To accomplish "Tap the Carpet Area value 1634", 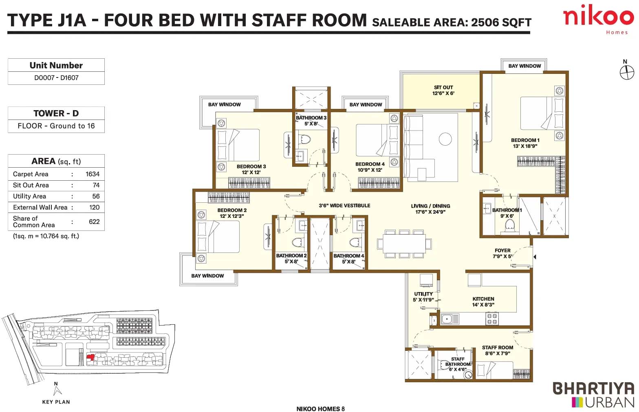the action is pyautogui.click(x=93, y=174).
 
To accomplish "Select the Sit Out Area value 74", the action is pyautogui.click(x=96, y=185).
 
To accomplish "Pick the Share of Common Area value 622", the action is pyautogui.click(x=94, y=222).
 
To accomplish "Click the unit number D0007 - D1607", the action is pyautogui.click(x=56, y=78).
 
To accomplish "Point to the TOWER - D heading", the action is pyautogui.click(x=56, y=113).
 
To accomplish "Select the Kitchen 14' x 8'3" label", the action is pyautogui.click(x=483, y=301).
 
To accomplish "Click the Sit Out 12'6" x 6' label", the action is pyautogui.click(x=443, y=90).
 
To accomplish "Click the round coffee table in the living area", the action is pyautogui.click(x=445, y=140).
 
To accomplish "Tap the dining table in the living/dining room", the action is pyautogui.click(x=404, y=244).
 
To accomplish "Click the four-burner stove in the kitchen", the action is pyautogui.click(x=492, y=319).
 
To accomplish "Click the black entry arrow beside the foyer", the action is pyautogui.click(x=535, y=257).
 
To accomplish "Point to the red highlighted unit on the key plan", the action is pyautogui.click(x=90, y=357).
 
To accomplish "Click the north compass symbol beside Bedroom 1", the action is pyautogui.click(x=627, y=72).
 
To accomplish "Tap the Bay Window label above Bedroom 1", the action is pyautogui.click(x=524, y=66).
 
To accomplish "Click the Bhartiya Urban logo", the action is pyautogui.click(x=593, y=394).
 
